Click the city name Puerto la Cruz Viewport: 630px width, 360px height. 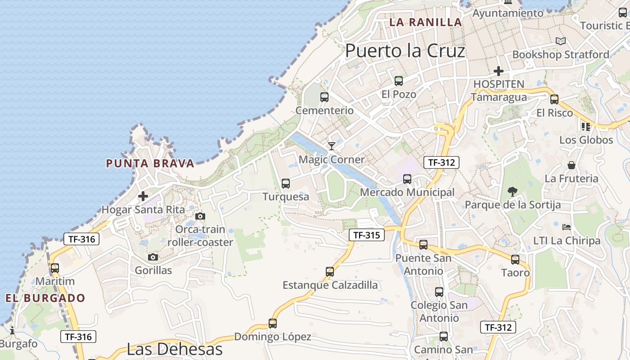click(x=405, y=51)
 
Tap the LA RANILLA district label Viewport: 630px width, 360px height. click(x=426, y=22)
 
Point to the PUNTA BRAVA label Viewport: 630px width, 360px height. click(x=150, y=163)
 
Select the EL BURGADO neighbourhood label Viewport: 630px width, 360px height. click(x=45, y=298)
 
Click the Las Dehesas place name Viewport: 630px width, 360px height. click(x=175, y=349)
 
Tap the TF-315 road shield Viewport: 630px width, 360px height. click(x=367, y=235)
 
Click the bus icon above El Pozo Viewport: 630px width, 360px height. click(x=398, y=81)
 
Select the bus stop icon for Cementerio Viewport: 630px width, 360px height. click(x=324, y=97)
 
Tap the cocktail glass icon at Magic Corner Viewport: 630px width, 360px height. click(x=332, y=146)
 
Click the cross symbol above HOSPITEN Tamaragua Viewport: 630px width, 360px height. click(x=498, y=71)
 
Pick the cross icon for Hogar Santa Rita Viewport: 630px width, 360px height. click(x=143, y=196)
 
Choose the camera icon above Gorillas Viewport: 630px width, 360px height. click(x=153, y=257)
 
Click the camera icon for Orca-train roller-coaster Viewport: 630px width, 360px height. click(x=200, y=216)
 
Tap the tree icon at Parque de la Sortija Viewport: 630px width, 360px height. click(x=512, y=192)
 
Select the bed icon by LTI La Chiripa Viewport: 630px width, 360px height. click(x=567, y=227)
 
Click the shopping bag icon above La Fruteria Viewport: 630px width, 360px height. click(x=571, y=165)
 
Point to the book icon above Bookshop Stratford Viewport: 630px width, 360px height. click(x=560, y=41)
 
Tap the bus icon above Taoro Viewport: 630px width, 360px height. click(x=515, y=260)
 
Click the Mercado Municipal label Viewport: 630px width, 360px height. click(x=407, y=193)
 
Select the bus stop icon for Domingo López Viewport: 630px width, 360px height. click(x=272, y=324)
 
